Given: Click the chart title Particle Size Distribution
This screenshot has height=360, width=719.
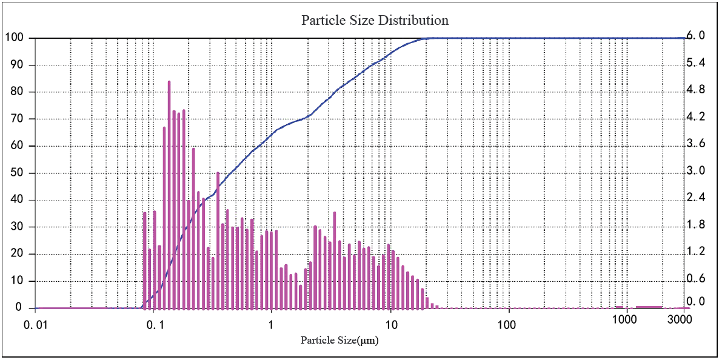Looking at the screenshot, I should [x=375, y=20].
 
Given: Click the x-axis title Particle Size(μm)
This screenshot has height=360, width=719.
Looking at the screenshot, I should [x=339, y=340].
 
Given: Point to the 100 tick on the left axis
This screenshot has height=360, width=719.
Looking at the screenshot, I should [x=15, y=38].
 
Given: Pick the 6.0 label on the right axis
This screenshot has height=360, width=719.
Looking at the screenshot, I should [x=694, y=36].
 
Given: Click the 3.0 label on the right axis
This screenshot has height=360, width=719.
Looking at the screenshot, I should [x=694, y=170].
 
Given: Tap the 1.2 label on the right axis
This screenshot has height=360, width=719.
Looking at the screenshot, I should [x=694, y=252].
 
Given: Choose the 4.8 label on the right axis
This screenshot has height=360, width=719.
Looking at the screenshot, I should [x=694, y=90].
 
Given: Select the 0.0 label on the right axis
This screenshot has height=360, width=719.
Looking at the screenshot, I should [x=694, y=302].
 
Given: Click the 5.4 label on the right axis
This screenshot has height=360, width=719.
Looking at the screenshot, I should [x=694, y=63].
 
